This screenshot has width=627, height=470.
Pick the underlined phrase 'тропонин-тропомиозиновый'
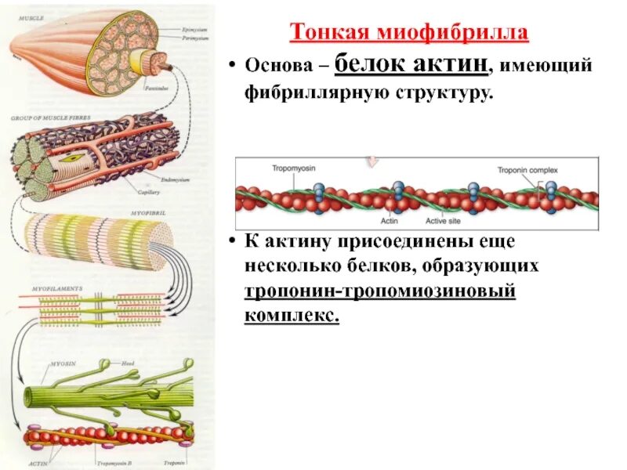(379, 291)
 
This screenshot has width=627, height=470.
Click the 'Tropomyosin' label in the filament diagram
(270, 169)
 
